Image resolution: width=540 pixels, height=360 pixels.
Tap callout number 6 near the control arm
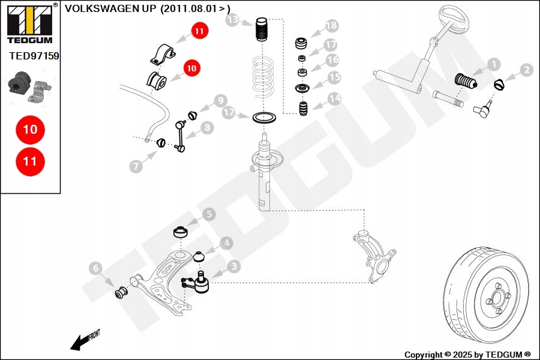click(95, 269)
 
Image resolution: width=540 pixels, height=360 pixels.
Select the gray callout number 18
click(331, 26)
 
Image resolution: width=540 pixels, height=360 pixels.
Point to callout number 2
click(526, 70)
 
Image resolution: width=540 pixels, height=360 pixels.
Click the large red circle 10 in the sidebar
click(30, 129)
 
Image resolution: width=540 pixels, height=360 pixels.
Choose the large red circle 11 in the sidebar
click(30, 161)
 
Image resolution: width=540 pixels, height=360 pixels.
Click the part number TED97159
click(34, 56)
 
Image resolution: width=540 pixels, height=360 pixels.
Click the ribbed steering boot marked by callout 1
click(464, 81)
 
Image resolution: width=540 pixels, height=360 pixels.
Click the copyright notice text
click(467, 355)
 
